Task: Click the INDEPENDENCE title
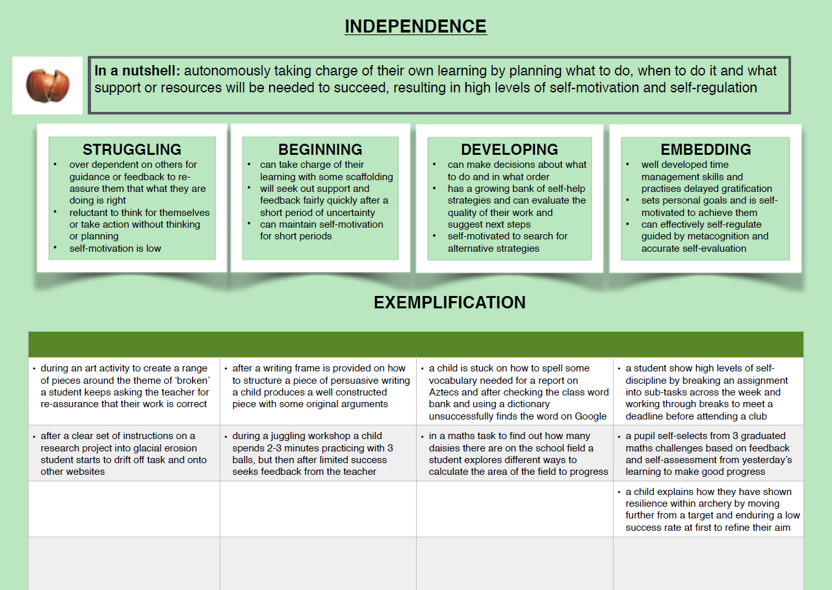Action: click(415, 27)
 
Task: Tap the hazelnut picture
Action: click(47, 85)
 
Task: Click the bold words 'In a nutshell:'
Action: click(137, 71)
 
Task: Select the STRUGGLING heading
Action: click(132, 150)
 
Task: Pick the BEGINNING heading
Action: click(320, 150)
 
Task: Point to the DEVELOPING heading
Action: click(510, 150)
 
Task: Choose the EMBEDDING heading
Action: click(706, 150)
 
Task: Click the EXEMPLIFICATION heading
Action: click(450, 302)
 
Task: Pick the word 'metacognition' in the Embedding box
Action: click(714, 236)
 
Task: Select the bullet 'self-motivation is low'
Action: click(115, 248)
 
